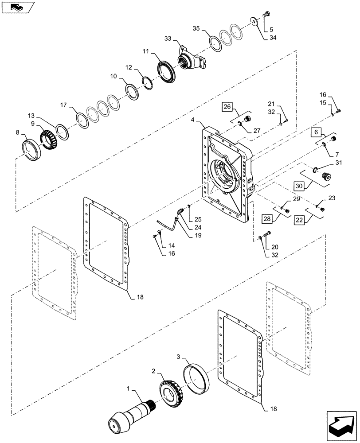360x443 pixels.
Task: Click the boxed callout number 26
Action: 227,107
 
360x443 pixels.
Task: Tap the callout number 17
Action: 63,105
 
